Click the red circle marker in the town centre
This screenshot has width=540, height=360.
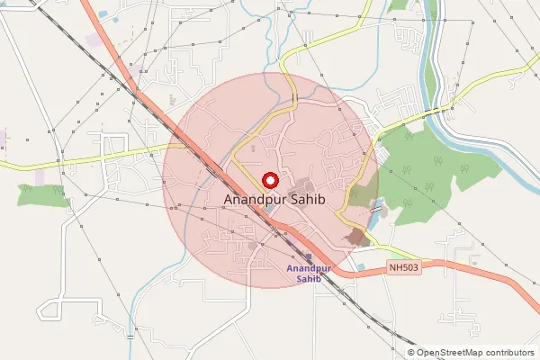point(268,179)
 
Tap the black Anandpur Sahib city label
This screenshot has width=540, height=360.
point(273,199)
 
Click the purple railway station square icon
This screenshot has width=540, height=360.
point(309,256)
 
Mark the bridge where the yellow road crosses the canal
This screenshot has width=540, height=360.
point(447,107)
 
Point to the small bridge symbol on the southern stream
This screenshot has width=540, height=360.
point(132,336)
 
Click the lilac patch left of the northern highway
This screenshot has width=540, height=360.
point(94,40)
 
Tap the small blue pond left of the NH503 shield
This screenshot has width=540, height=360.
point(361,266)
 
